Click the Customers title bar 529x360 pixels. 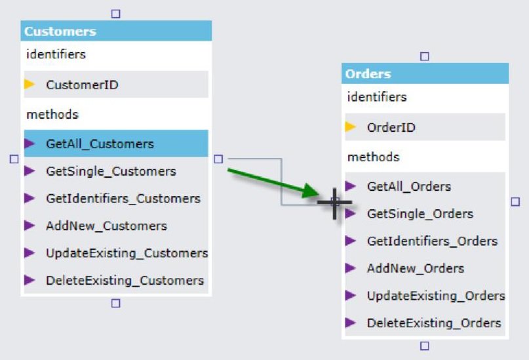pos(116,31)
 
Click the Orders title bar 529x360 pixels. pos(425,73)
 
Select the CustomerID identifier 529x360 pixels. pos(82,85)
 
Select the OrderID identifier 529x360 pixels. pos(391,127)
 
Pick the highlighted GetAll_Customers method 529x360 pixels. pos(100,144)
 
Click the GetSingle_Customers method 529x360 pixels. pos(111,171)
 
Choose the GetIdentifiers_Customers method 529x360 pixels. pos(123,198)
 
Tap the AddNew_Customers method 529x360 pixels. pos(106,226)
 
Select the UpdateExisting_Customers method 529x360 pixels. pos(127,253)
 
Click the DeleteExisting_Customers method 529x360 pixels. pos(125,281)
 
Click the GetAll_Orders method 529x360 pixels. pos(408,186)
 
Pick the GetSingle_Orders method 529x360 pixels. pos(420,214)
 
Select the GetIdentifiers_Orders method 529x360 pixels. pos(432,241)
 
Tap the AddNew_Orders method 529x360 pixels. pos(415,268)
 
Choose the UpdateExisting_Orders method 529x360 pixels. pos(435,296)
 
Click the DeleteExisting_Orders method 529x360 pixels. pos(433,323)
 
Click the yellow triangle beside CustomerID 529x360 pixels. pos(29,85)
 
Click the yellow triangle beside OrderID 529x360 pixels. pos(351,127)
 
